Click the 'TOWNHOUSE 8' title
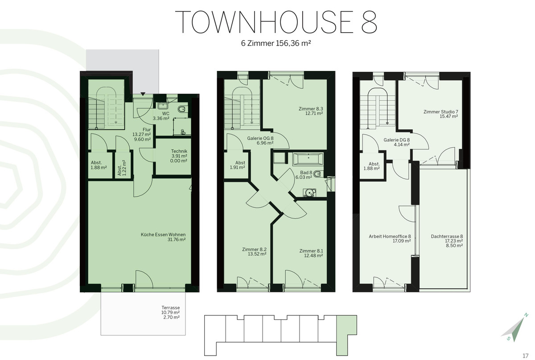coord(276,22)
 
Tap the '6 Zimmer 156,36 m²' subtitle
coord(276,43)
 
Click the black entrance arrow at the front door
coord(143,94)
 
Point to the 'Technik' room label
coord(179,151)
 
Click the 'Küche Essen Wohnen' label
coord(163,235)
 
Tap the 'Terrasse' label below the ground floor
coord(170,308)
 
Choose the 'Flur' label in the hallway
coord(147,130)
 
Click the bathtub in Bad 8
coord(309,158)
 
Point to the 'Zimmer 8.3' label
coord(311,109)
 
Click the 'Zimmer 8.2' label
coord(255,249)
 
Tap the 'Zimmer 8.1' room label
coord(311,251)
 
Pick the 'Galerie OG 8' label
coord(260,138)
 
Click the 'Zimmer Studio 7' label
coord(441,112)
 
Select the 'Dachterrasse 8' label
coord(447,236)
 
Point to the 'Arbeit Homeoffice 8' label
coord(390,236)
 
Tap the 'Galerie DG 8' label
coord(397,140)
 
